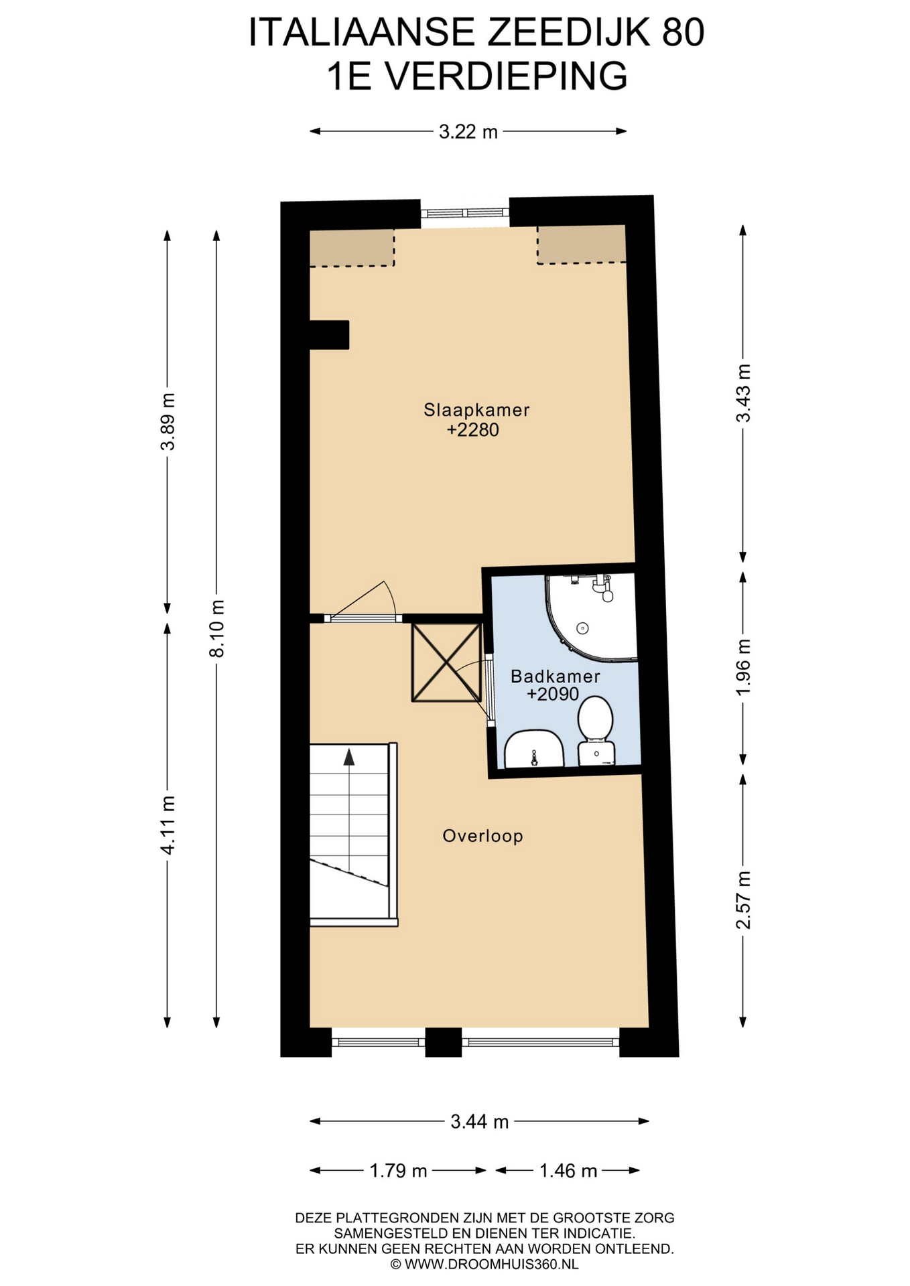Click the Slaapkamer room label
476,410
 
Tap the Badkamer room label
555,676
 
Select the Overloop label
482,836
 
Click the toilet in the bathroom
596,731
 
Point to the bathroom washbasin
533,749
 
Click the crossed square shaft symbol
446,662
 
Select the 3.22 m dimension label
468,132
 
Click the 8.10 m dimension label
216,628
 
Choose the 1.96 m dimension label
743,666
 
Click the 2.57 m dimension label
743,900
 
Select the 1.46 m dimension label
568,1171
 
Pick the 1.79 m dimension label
398,1171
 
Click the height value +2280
473,430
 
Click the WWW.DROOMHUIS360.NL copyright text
484,1265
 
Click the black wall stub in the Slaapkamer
329,335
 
